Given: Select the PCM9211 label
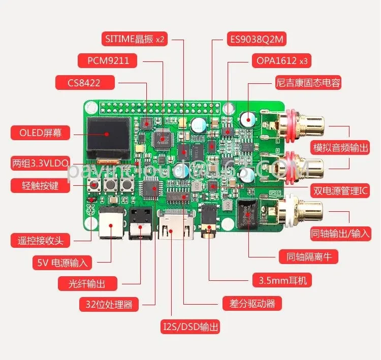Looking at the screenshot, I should click(x=108, y=60).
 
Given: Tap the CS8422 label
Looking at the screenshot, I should click(x=85, y=82).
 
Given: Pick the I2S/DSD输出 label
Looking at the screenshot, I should click(x=191, y=326).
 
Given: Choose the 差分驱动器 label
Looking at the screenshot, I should click(x=252, y=303).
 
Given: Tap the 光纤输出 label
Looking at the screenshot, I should click(x=88, y=283).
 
